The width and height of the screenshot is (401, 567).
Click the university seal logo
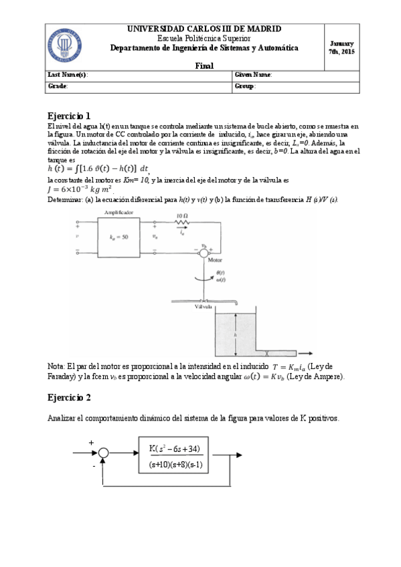point(65,45)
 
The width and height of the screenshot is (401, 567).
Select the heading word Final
point(204,66)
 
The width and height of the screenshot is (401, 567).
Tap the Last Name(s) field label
point(68,75)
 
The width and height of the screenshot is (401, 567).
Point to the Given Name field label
point(254,75)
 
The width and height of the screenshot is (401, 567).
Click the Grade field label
point(58,86)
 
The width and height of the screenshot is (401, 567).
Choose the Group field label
point(246,86)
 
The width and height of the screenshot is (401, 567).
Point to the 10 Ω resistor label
point(183,217)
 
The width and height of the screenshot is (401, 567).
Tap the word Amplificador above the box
point(118,211)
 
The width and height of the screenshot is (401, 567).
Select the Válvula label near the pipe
point(203,307)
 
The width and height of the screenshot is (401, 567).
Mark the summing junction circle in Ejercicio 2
point(103,453)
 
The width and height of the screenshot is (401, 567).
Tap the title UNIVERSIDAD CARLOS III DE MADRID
point(204,29)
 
